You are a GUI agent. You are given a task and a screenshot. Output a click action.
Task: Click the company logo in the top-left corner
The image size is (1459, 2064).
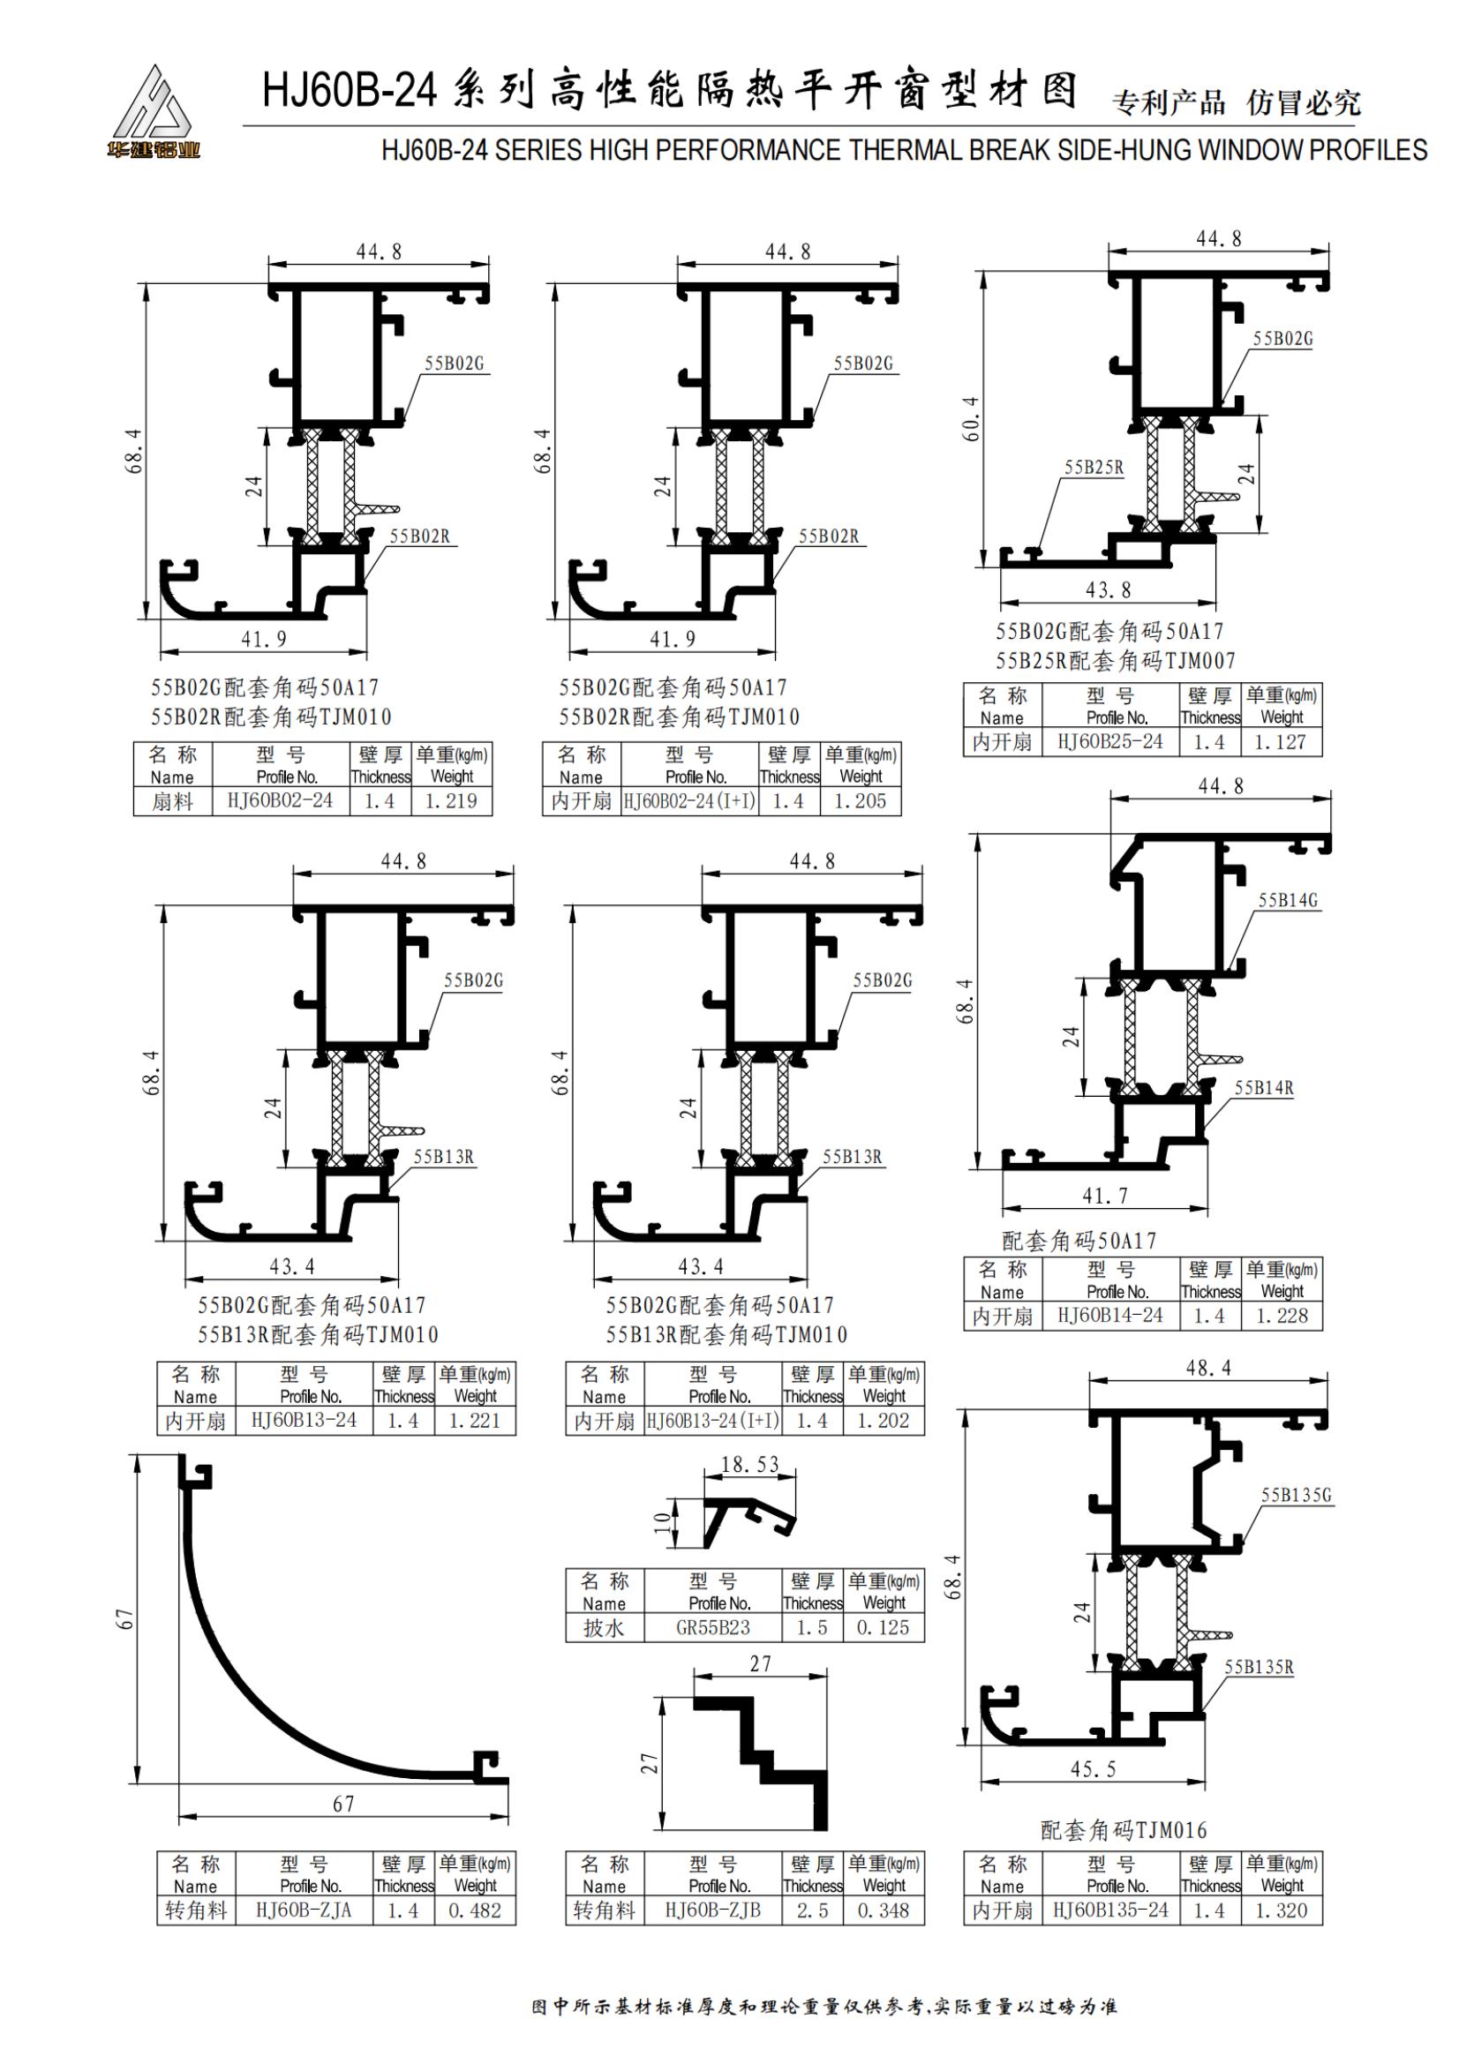click(x=153, y=112)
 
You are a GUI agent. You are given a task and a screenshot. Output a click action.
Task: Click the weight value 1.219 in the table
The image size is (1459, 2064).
click(x=451, y=801)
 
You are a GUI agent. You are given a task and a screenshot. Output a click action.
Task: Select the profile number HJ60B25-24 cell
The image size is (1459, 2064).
click(x=1110, y=741)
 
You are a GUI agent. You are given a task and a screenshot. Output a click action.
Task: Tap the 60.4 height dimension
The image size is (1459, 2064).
click(x=971, y=419)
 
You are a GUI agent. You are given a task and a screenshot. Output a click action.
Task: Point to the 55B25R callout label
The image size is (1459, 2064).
click(x=1093, y=468)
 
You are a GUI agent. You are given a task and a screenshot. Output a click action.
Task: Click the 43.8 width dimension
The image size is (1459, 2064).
click(x=1108, y=590)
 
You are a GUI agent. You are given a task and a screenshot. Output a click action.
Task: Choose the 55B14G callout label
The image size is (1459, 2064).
click(x=1287, y=900)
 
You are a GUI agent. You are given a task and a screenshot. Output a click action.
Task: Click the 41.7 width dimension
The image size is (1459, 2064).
click(x=1104, y=1197)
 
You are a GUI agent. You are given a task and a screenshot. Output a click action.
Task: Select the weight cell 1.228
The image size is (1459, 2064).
click(x=1281, y=1316)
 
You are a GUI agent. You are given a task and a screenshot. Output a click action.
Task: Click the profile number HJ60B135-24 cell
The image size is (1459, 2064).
click(x=1110, y=1910)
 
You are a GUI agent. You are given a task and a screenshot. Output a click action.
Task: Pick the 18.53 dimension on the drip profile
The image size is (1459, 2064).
click(x=749, y=1466)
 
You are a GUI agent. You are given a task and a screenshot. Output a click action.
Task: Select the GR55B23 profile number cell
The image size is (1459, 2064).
click(x=712, y=1627)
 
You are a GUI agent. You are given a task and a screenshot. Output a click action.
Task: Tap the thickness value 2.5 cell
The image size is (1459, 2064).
click(x=812, y=1910)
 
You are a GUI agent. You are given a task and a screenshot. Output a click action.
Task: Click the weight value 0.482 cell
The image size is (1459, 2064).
click(x=475, y=1910)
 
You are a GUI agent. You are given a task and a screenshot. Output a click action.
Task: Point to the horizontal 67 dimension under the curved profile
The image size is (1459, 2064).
click(x=343, y=1805)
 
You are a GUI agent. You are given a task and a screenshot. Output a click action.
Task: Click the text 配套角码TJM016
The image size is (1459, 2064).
click(x=1123, y=1830)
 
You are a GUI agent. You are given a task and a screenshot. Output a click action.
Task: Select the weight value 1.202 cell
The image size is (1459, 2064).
click(x=883, y=1422)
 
